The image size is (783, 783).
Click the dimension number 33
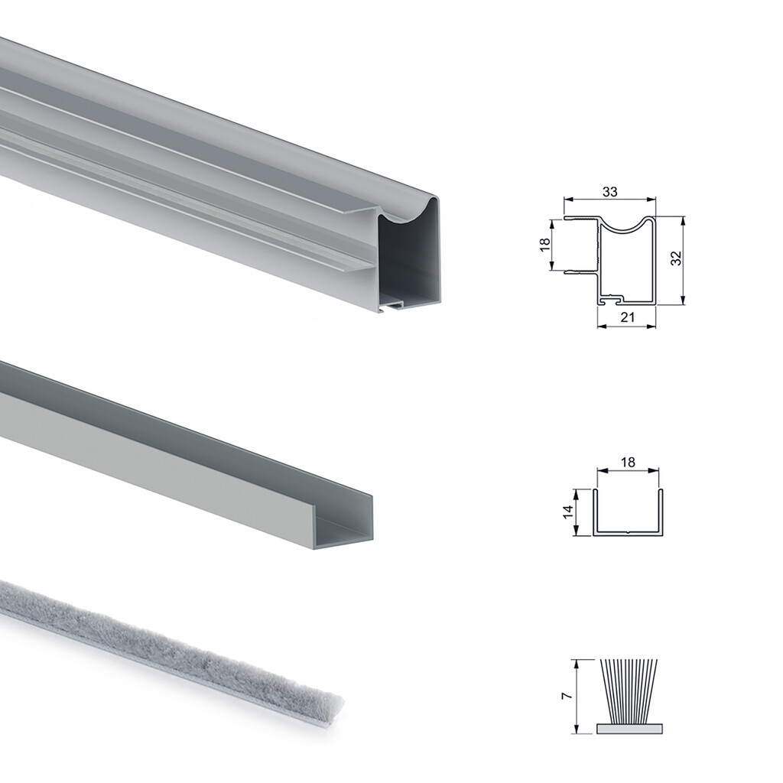pos(609,192)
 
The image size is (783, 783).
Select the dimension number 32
pos(675,258)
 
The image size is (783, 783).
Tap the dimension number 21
pos(627,317)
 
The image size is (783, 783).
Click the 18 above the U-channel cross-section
pos(627,463)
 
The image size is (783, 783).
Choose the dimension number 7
pos(565,696)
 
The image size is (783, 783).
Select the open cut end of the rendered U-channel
pos(344,528)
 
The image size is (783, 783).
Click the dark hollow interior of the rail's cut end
pos(409,260)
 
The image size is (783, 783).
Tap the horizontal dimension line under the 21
pos(627,327)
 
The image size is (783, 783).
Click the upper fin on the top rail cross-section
pos(579,219)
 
